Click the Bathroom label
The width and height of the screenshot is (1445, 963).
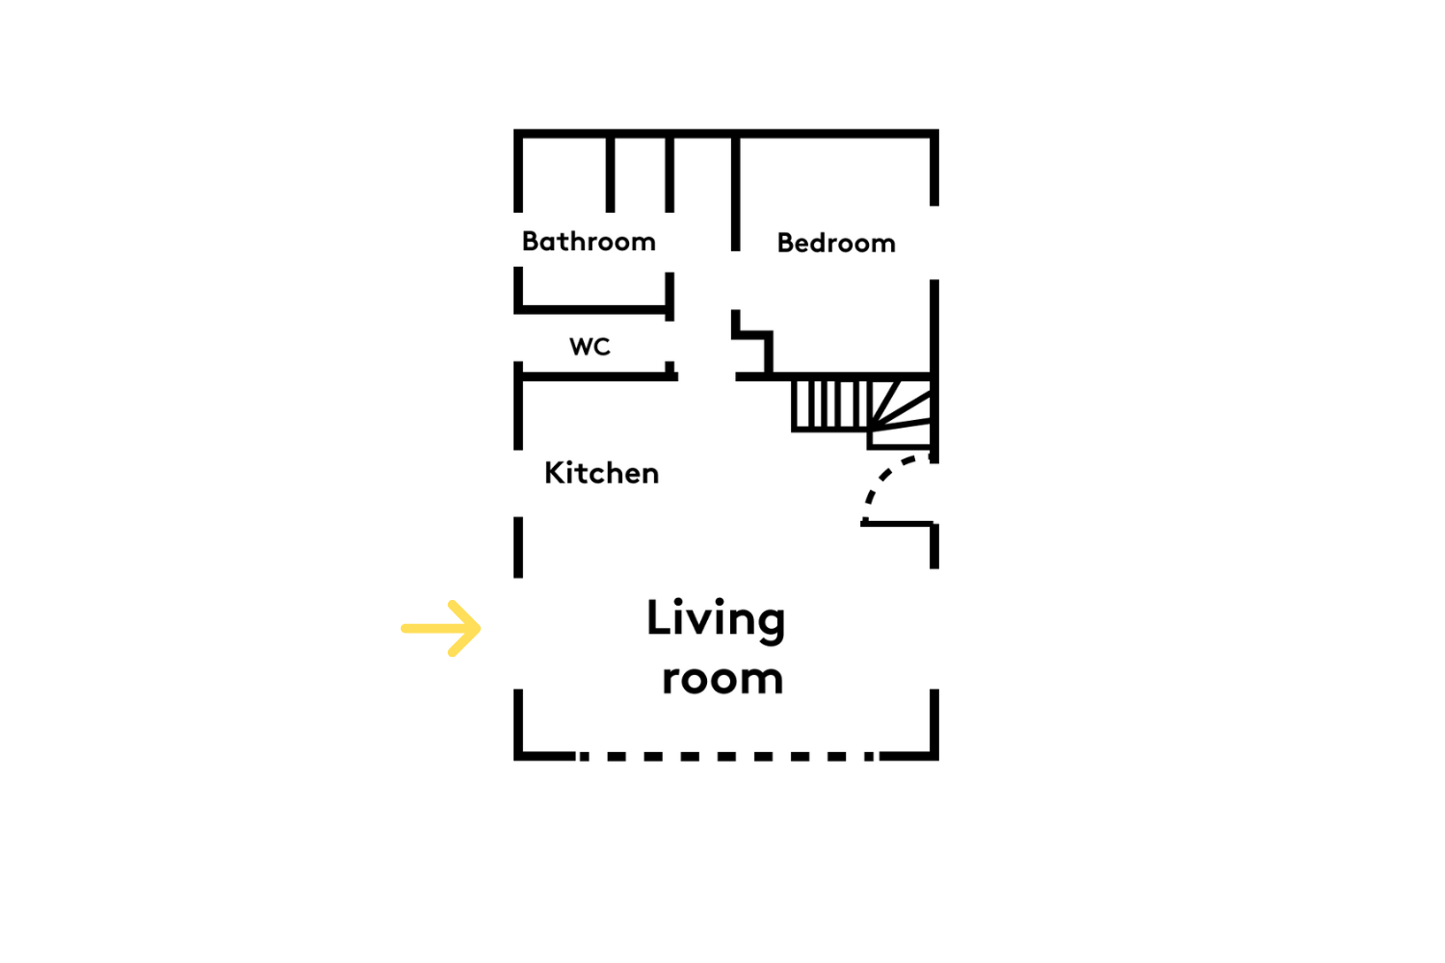(589, 242)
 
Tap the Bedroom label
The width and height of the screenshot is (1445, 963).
(836, 244)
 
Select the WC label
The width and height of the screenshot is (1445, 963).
(590, 347)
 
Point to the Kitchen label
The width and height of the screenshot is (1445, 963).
(601, 473)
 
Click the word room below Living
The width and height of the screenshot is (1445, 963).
(722, 679)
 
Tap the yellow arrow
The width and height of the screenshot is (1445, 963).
(440, 628)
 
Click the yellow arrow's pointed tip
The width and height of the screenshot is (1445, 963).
(481, 628)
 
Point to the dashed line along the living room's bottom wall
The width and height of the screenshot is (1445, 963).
(727, 757)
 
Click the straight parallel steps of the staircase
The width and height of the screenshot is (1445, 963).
(830, 405)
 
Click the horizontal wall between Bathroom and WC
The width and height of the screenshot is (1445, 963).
(593, 310)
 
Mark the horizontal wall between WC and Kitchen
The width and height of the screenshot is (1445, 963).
(596, 377)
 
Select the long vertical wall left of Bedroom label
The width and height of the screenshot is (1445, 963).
(735, 194)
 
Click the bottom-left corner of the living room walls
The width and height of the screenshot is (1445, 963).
(518, 757)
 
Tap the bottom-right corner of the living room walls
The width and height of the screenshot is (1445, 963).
(934, 757)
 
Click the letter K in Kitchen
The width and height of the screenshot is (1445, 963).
(554, 473)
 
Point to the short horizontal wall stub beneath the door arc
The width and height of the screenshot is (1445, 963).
(897, 524)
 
